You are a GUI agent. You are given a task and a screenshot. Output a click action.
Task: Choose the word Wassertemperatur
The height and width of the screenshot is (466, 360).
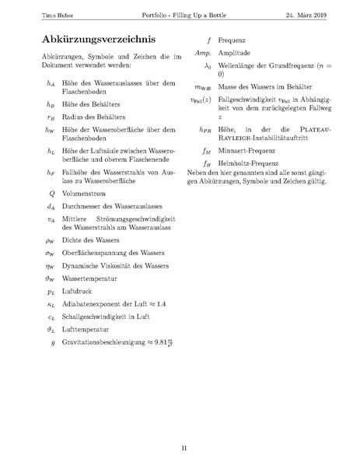[x=89, y=276]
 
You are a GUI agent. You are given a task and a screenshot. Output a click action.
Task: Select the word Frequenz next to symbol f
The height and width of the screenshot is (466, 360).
[x=231, y=38]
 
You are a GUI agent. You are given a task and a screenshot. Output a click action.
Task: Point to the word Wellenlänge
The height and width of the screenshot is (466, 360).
[x=236, y=65]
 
